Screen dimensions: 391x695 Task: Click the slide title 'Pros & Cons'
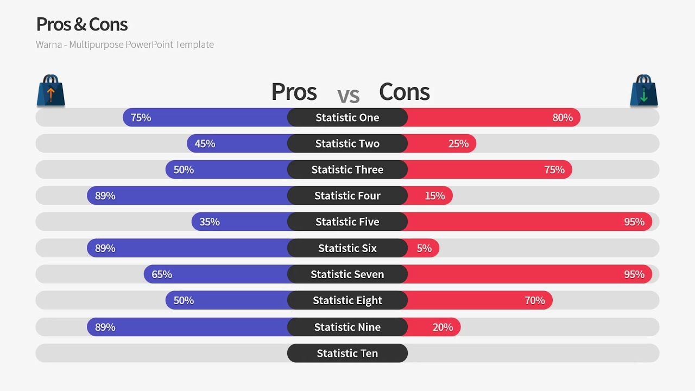click(x=82, y=24)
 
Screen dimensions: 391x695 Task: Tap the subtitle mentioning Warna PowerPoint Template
click(x=125, y=45)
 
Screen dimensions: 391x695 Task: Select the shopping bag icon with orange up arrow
click(x=50, y=91)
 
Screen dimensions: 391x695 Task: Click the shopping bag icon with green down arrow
click(x=644, y=91)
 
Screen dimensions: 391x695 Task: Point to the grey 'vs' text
click(x=348, y=96)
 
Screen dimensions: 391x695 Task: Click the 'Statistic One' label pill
click(x=347, y=117)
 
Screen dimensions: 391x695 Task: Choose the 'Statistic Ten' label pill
click(x=347, y=353)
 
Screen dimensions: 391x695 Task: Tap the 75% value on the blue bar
click(x=141, y=117)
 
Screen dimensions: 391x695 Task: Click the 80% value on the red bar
click(x=563, y=117)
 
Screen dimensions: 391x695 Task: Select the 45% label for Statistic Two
click(x=205, y=143)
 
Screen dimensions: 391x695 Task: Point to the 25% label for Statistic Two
click(x=458, y=143)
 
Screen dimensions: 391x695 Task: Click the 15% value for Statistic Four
click(x=435, y=195)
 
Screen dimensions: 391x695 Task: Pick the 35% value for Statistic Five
click(x=210, y=222)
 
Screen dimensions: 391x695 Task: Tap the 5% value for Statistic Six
click(x=424, y=248)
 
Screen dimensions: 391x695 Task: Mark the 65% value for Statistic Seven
click(x=162, y=274)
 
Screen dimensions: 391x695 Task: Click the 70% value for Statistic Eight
click(x=535, y=300)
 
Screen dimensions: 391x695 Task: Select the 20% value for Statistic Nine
click(x=443, y=327)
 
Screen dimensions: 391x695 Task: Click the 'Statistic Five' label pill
click(x=347, y=222)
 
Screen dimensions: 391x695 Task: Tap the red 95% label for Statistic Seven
click(x=634, y=274)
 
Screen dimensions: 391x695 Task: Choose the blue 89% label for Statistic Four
click(x=105, y=195)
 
